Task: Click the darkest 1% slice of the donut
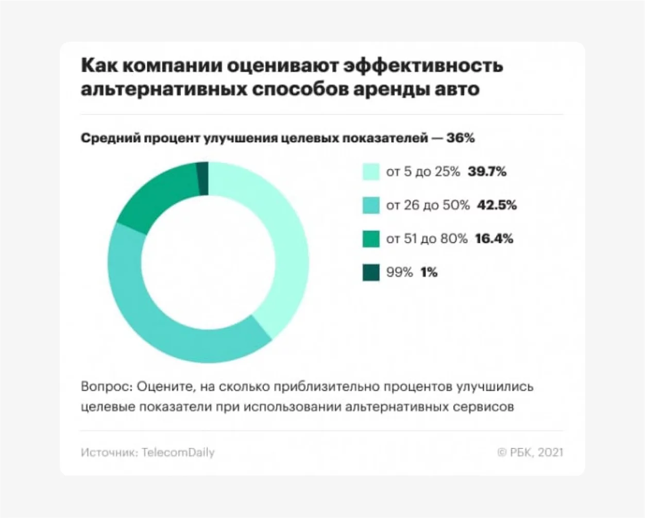(x=203, y=178)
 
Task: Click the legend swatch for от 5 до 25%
(x=371, y=172)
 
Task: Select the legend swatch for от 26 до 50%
(x=371, y=205)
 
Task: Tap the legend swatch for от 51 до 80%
(x=371, y=239)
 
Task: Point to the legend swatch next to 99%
(x=371, y=272)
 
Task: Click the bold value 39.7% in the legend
(x=487, y=172)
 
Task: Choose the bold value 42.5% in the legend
(x=497, y=205)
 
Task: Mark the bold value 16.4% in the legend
(x=494, y=239)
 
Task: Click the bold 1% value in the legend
(x=429, y=272)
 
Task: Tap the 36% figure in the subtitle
(x=461, y=138)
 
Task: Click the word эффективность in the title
(x=423, y=65)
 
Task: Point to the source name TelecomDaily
(x=178, y=453)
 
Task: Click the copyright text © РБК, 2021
(x=530, y=453)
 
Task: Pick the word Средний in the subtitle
(x=110, y=138)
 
